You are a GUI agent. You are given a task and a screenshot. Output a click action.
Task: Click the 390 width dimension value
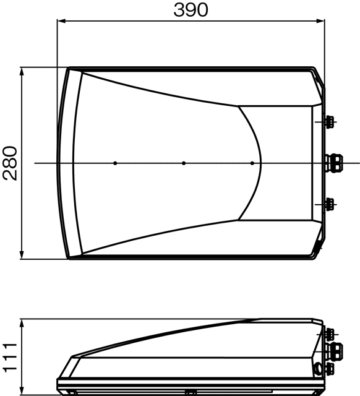191,10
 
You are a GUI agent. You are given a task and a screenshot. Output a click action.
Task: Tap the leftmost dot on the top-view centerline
115,163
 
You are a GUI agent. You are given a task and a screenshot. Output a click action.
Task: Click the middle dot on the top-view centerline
184,163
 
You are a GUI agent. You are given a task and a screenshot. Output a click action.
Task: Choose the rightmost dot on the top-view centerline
252,163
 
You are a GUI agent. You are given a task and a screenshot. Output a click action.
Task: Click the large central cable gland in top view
334,163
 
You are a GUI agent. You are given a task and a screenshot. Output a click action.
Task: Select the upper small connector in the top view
330,121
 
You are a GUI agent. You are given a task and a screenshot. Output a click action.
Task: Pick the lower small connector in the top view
330,202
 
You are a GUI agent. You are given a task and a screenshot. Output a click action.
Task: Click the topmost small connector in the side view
329,335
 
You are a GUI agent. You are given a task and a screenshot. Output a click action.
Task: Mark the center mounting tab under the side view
191,392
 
